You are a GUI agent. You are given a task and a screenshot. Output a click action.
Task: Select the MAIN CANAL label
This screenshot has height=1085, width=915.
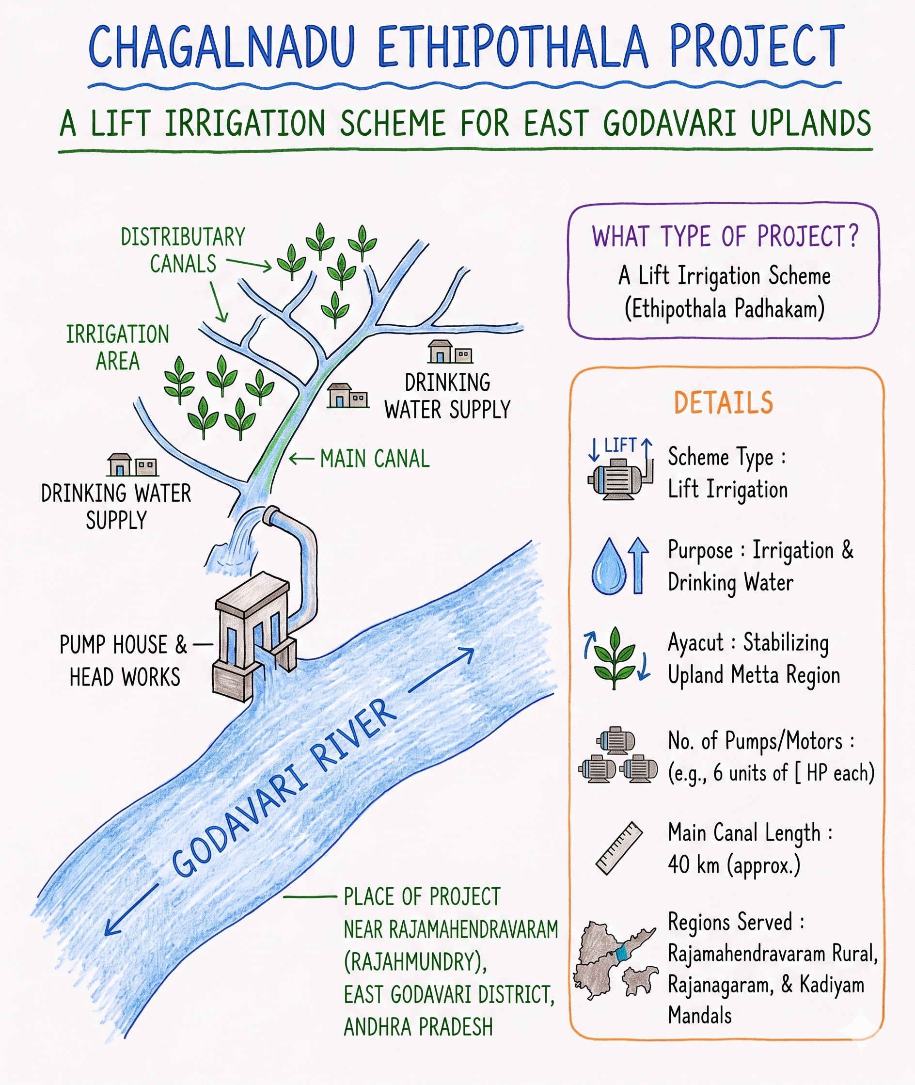point(375,459)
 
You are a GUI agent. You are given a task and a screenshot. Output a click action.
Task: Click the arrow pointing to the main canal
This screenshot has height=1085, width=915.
point(301,459)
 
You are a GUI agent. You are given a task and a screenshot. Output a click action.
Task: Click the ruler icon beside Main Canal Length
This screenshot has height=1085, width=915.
point(619,848)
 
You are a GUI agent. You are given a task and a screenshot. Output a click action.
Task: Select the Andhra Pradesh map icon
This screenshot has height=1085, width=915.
point(615,960)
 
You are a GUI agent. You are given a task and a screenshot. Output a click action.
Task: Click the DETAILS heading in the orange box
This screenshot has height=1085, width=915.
point(724,403)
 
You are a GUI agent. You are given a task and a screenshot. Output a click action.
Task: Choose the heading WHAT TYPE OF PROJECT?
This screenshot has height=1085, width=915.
point(725,237)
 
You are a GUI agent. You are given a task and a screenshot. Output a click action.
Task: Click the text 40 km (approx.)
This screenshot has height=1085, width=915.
point(734,865)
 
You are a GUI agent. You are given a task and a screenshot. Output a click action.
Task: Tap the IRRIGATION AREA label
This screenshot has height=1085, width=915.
point(118,348)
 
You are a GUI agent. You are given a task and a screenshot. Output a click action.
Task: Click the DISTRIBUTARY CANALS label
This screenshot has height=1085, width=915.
point(183,250)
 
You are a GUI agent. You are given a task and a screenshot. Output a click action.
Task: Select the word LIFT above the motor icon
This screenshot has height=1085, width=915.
point(620,445)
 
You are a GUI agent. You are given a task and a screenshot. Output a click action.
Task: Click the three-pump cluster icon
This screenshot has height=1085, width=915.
point(618,755)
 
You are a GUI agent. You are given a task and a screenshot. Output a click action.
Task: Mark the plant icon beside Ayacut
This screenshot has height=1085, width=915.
point(615,657)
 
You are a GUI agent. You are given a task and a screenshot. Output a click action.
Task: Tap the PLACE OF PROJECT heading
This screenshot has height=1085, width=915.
point(422,896)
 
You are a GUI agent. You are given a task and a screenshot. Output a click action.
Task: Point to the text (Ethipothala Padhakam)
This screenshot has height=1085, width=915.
point(725,309)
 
